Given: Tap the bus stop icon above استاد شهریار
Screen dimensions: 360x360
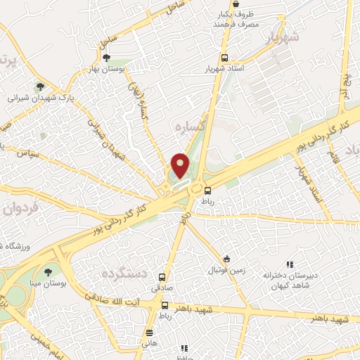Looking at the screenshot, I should coord(224,58).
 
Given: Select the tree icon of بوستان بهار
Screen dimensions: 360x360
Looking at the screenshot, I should coord(106,58).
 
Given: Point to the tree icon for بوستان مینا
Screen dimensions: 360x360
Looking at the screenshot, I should coord(48,271).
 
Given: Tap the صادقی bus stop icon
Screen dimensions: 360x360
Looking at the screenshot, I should coord(162,277).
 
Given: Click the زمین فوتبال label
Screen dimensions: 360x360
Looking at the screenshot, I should coord(225,270).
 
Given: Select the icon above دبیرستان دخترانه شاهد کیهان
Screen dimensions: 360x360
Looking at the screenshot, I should coord(289,264).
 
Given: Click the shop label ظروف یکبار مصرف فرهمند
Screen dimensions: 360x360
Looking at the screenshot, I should coord(238,19).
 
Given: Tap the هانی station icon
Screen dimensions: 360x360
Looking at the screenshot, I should coord(148,333).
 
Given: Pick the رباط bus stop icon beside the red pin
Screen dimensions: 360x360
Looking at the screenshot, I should coord(207,189).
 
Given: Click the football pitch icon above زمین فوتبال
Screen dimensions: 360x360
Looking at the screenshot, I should coord(226,259).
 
